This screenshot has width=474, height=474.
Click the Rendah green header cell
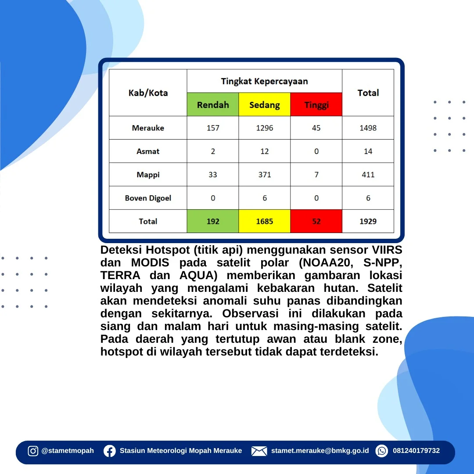coord(213,104)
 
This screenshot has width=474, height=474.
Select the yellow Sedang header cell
coord(265,104)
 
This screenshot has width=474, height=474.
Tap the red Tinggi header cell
coord(316,104)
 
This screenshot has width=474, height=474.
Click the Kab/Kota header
coord(148,93)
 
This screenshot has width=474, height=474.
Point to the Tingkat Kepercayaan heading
coord(265,81)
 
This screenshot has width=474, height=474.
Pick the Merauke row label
coord(148,128)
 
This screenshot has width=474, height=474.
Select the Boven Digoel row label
coord(148,198)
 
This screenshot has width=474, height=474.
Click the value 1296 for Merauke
coord(265,128)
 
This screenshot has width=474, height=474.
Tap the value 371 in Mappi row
coord(265,175)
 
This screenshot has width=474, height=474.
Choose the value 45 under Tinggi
coord(316,128)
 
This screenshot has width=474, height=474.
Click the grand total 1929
coord(368,221)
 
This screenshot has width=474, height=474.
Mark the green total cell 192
coord(213,221)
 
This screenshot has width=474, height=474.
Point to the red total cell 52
coord(316,221)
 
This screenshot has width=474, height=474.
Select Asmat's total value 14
coord(368,151)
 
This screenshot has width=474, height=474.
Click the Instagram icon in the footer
coord(33,451)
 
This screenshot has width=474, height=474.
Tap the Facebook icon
coord(110,451)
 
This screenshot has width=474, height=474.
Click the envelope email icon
coord(259,451)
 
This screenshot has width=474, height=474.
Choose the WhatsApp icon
coord(382,451)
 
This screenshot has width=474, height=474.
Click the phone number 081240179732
coord(416,451)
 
